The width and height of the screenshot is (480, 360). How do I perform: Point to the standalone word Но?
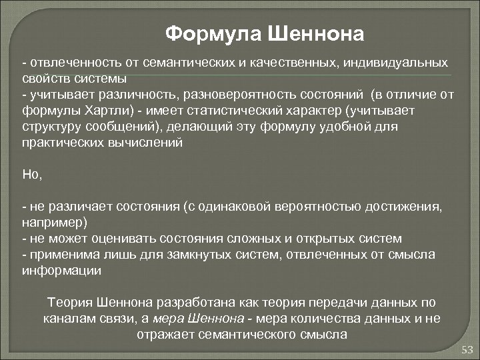click(31, 174)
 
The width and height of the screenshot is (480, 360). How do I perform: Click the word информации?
click(61, 271)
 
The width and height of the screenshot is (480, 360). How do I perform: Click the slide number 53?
click(467, 350)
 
